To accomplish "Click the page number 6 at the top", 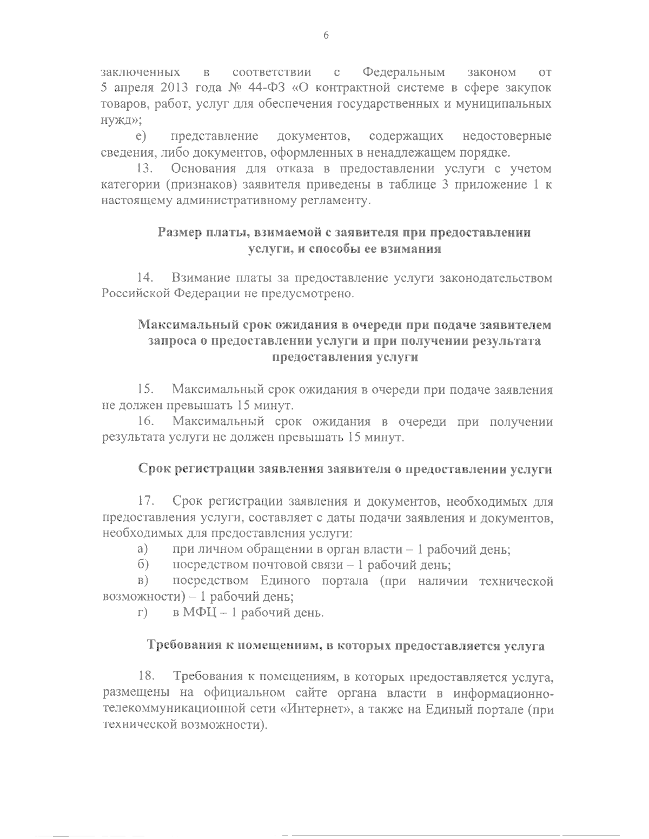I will pyautogui.click(x=326, y=36).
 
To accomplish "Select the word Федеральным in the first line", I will pyautogui.click(x=404, y=72).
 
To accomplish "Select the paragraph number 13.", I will pyautogui.click(x=146, y=169).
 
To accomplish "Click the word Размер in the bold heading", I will pyautogui.click(x=181, y=233).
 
